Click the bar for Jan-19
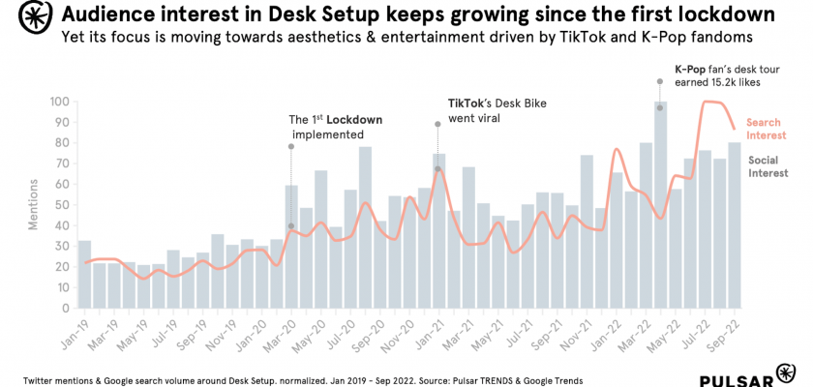tap(84, 275)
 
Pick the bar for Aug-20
tap(365, 227)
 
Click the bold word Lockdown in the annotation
tap(355, 120)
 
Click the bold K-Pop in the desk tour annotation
tap(692, 70)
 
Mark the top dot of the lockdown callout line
tap(290, 146)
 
